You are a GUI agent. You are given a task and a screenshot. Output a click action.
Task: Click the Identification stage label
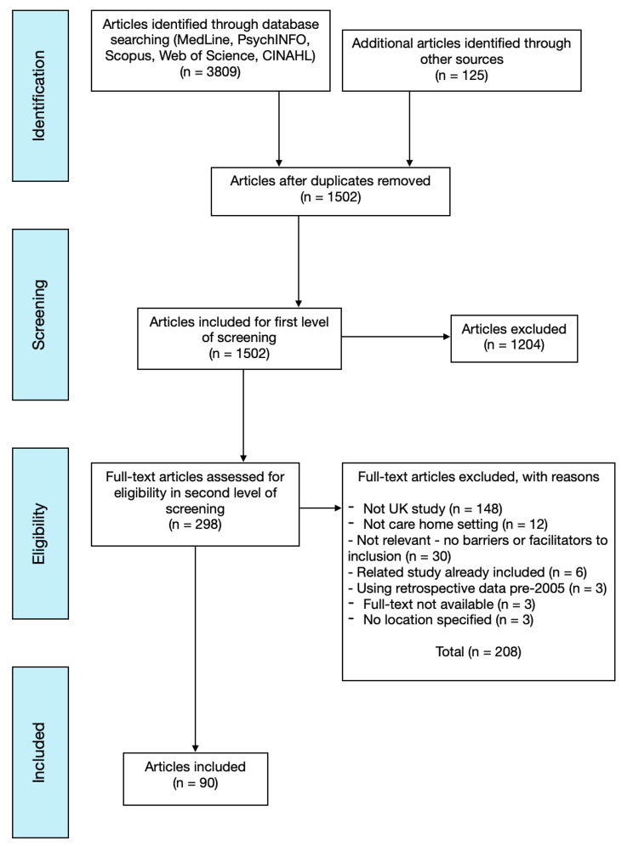click(39, 96)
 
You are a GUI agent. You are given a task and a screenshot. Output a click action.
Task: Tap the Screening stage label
click(39, 315)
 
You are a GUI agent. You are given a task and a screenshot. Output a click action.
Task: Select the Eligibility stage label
click(39, 534)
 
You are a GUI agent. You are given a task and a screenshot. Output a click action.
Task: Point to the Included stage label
click(39, 752)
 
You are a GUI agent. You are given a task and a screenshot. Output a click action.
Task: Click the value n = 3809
click(210, 71)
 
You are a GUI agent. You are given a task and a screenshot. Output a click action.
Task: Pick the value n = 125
click(462, 76)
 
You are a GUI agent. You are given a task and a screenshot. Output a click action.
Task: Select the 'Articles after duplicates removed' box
click(331, 191)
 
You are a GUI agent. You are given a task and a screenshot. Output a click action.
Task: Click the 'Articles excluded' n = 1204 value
click(514, 344)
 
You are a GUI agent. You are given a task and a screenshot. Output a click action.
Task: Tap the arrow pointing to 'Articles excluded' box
click(396, 337)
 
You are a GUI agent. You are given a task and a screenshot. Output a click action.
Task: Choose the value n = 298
click(195, 525)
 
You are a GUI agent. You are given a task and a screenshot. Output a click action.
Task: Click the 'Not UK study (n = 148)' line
click(425, 508)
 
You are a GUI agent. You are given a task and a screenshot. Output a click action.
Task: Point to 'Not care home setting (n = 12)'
click(448, 525)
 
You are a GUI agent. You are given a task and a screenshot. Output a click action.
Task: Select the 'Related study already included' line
click(467, 572)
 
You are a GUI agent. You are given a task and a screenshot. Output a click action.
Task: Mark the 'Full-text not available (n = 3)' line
click(442, 605)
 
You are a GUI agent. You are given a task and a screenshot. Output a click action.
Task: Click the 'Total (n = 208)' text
click(478, 652)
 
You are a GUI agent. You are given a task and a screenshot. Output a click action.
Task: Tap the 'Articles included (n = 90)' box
click(196, 779)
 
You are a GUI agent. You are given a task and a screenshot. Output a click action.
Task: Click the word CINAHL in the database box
click(289, 55)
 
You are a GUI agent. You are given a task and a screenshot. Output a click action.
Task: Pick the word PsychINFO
click(274, 40)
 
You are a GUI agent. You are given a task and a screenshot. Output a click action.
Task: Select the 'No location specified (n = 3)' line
click(441, 620)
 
